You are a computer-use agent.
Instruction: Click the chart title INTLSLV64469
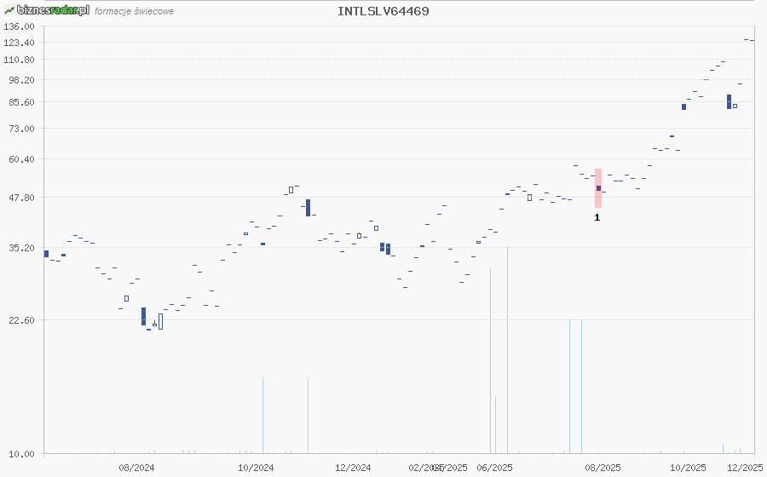click(383, 11)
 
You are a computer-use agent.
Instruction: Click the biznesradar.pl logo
click(47, 10)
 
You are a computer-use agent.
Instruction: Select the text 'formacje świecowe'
click(135, 12)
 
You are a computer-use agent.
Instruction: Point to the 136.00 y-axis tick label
click(19, 26)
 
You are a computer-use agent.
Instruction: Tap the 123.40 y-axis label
click(19, 43)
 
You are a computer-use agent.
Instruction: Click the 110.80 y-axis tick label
click(19, 60)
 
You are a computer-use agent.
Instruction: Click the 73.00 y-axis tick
click(20, 129)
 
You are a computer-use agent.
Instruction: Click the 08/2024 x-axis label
click(136, 468)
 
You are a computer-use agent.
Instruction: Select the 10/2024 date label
click(256, 468)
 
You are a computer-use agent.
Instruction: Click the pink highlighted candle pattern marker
click(598, 188)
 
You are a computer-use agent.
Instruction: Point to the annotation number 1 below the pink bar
click(597, 218)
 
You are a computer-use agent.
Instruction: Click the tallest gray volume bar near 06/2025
click(507, 349)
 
